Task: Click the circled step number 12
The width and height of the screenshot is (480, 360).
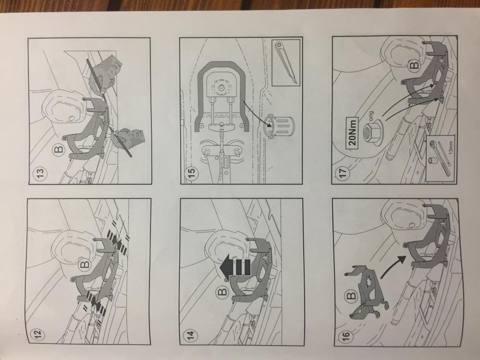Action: click(x=39, y=334)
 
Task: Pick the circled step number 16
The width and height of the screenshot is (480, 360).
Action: click(x=345, y=335)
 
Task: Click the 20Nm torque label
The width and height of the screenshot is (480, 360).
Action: click(x=353, y=133)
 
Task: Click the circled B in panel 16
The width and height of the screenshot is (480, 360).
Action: click(x=352, y=296)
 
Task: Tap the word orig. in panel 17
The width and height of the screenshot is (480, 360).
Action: click(x=375, y=117)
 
